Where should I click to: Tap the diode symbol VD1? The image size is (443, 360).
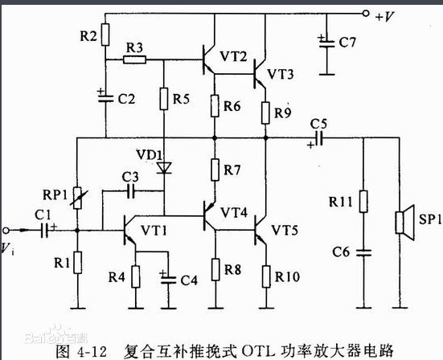[164, 168]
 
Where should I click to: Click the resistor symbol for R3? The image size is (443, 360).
[135, 59]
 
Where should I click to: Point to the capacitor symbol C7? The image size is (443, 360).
[326, 43]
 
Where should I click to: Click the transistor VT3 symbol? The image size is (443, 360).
[260, 74]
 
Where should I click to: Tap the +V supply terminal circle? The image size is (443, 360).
[366, 14]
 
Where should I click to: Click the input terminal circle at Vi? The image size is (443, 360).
[6, 231]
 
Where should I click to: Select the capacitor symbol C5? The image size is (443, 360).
[318, 139]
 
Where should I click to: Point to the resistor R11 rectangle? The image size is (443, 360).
[363, 202]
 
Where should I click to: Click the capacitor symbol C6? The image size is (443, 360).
[363, 252]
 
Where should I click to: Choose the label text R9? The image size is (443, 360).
[282, 113]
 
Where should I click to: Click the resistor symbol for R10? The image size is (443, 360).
[266, 276]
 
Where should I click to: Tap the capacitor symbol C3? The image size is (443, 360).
[130, 191]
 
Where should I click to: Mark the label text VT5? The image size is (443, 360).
[285, 231]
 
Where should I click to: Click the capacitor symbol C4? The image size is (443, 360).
[168, 279]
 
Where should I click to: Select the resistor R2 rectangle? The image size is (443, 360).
[105, 35]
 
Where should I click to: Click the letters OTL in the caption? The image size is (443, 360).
[259, 350]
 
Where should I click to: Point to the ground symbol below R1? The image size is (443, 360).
[78, 308]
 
